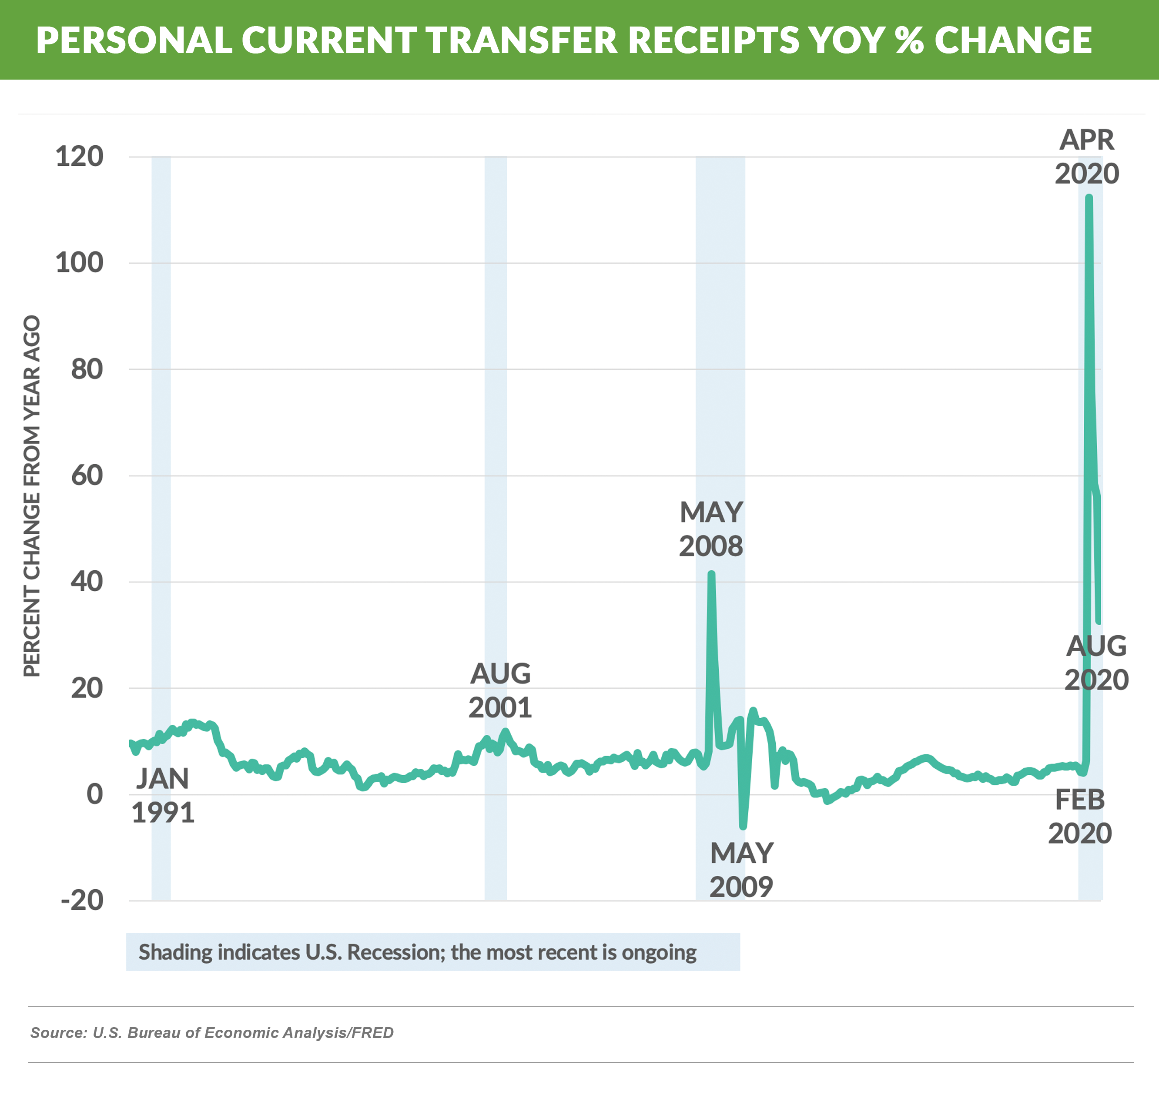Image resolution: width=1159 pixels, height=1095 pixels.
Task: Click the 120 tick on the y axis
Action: click(79, 157)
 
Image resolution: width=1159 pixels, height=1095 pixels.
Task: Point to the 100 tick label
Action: click(79, 263)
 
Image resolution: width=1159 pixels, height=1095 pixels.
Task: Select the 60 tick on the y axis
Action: click(87, 476)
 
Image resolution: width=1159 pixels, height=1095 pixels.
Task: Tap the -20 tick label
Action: click(82, 901)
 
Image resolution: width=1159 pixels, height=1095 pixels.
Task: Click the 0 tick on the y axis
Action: click(94, 794)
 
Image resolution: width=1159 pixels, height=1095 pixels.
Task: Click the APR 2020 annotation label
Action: click(1087, 157)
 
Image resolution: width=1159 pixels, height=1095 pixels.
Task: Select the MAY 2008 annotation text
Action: click(711, 529)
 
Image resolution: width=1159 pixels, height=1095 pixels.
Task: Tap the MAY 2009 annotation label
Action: click(741, 870)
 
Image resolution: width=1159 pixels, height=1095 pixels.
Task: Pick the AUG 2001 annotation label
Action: click(500, 690)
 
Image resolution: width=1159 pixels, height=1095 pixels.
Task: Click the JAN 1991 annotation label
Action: click(163, 796)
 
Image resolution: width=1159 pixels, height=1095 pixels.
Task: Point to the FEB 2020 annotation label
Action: click(1080, 816)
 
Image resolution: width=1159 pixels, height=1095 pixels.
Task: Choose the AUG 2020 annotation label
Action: click(1096, 663)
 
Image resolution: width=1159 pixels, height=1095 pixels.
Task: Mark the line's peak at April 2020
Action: click(1089, 197)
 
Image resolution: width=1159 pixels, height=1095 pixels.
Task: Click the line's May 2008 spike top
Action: click(711, 574)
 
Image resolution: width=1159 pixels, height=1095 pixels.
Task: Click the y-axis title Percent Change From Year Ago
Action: click(32, 496)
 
